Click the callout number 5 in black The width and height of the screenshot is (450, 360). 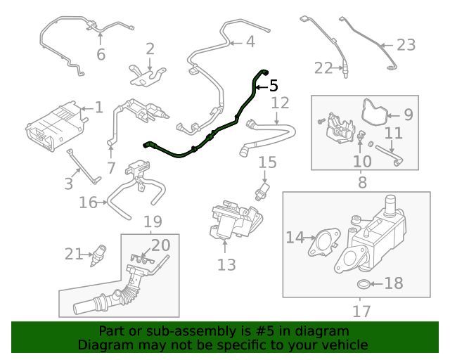[274, 86]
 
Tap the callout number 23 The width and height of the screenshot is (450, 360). [406, 45]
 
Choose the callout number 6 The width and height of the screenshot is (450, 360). [101, 54]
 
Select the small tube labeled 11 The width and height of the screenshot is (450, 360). [387, 153]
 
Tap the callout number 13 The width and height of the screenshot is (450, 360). [226, 264]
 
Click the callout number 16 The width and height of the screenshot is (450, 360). [88, 203]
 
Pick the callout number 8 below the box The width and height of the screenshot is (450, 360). [363, 182]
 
